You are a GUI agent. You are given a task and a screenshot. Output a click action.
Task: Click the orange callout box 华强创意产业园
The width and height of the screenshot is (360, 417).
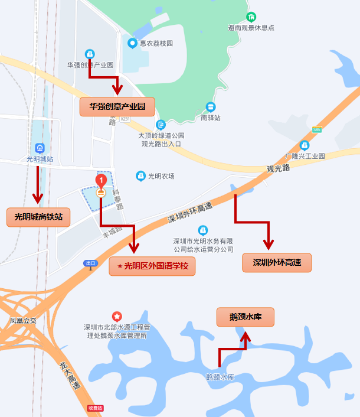[x=117, y=106]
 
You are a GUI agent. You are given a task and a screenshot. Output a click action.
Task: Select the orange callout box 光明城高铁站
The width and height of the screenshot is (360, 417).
[x=38, y=217]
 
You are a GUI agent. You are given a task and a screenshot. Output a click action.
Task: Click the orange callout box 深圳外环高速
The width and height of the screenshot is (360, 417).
[x=277, y=262]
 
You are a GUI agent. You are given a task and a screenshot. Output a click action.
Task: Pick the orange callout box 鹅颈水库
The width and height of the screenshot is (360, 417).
[x=246, y=317]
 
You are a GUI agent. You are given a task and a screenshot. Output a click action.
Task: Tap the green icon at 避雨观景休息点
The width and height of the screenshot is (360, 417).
[x=251, y=17]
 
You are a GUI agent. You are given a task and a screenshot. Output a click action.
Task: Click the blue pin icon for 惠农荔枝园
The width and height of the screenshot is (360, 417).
[x=132, y=43]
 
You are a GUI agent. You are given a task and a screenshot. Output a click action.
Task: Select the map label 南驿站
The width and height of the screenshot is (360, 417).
[x=211, y=118]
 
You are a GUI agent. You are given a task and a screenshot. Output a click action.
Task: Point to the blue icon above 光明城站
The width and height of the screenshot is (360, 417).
[x=40, y=148]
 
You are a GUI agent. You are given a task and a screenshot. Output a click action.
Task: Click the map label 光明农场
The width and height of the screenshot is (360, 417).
[x=161, y=176]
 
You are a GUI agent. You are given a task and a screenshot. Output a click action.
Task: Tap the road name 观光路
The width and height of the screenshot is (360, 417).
[x=278, y=168]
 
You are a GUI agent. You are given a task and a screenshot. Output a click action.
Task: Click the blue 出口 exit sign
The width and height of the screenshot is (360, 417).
[x=90, y=263]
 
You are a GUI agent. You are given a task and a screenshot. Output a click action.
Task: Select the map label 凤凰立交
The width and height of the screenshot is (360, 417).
[x=23, y=321]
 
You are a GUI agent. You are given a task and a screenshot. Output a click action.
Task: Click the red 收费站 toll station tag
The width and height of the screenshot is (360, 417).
[x=95, y=408]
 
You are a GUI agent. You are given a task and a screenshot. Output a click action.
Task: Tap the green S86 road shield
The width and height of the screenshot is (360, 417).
[x=318, y=129]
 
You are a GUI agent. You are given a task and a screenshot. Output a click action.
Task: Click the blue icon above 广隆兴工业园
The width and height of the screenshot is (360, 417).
[x=305, y=145]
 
